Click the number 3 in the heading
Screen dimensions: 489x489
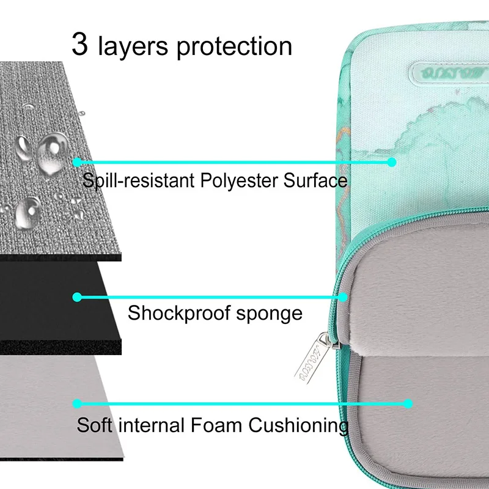click(80, 44)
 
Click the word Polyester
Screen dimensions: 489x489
click(236, 181)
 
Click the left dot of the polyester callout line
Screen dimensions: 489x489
click(77, 162)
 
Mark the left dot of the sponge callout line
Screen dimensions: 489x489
click(77, 297)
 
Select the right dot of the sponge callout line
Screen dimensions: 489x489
click(343, 297)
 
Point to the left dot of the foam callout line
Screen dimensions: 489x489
click(77, 403)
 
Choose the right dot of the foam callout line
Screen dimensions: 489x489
click(408, 403)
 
